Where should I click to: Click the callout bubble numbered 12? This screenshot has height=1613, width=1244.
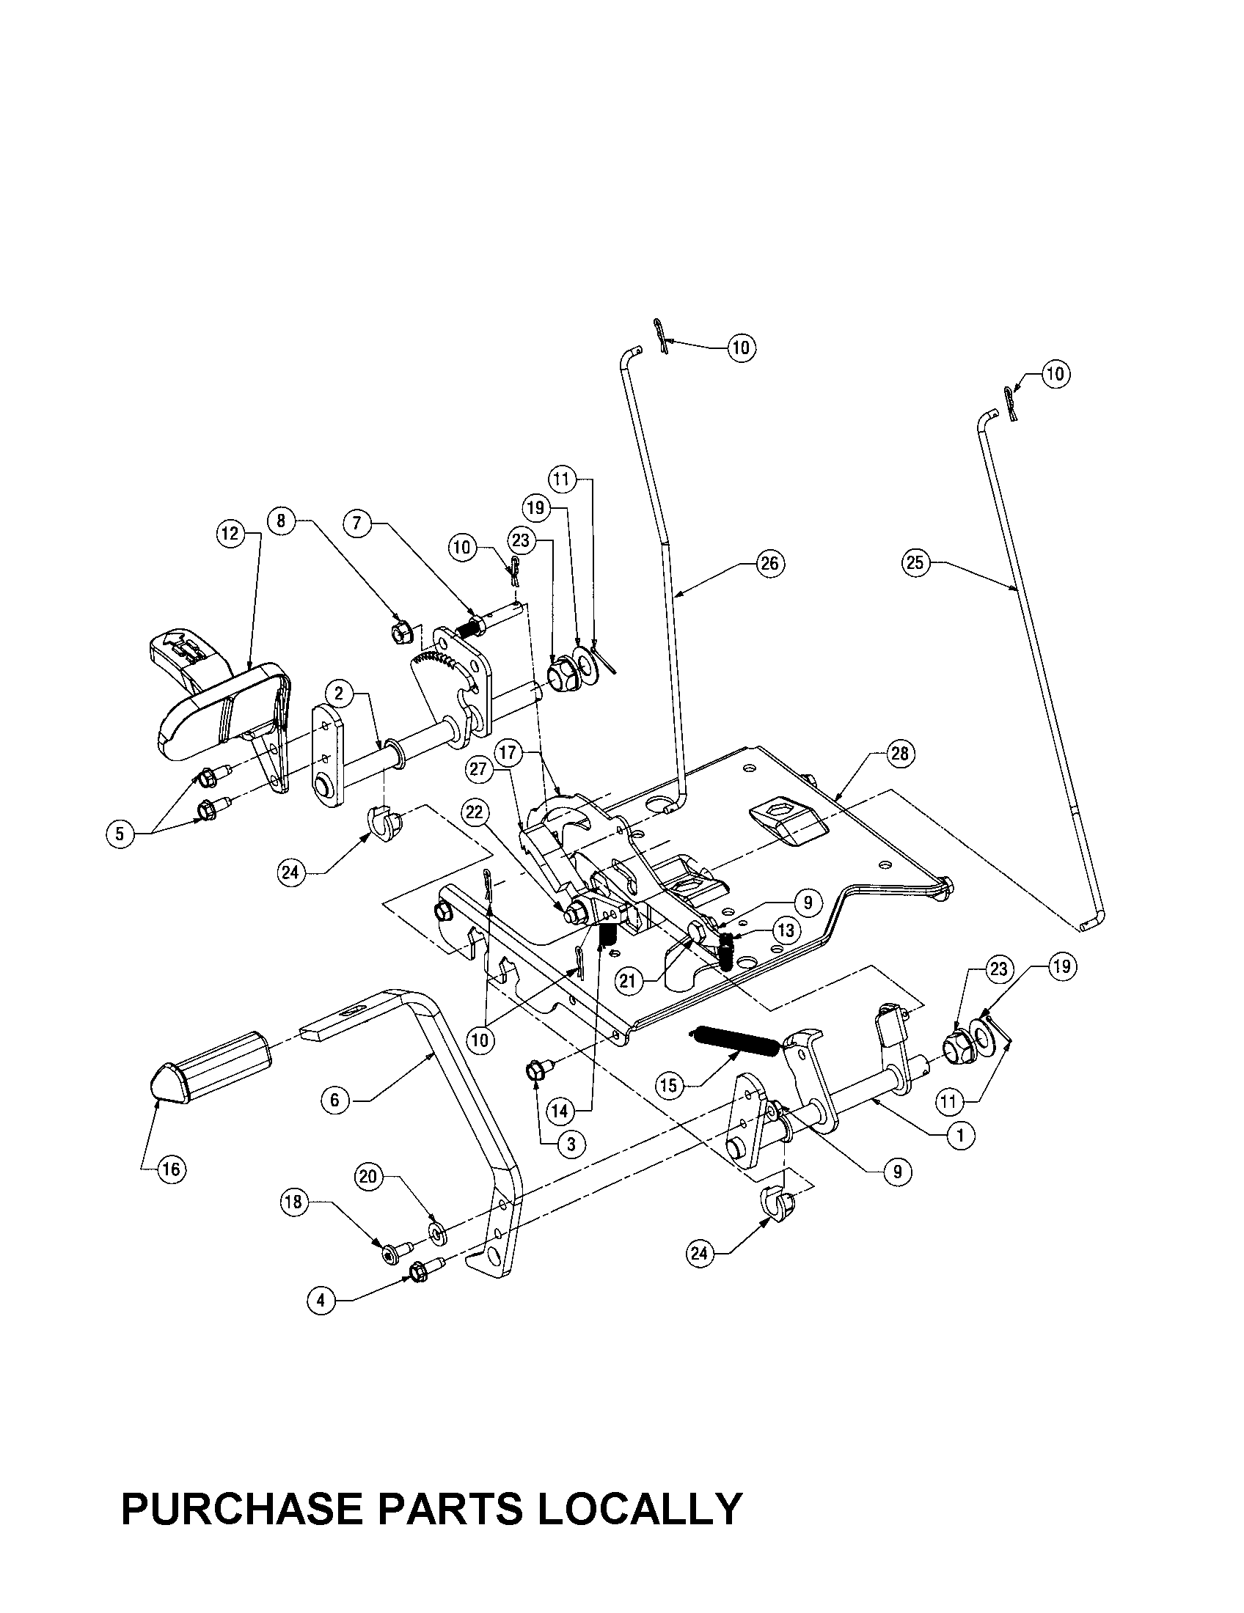point(230,532)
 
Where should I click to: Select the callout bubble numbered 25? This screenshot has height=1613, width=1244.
point(914,563)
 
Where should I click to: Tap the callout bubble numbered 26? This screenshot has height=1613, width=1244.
point(769,564)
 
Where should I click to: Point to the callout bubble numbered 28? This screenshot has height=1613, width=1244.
point(899,753)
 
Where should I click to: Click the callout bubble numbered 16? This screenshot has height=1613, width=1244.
point(171,1169)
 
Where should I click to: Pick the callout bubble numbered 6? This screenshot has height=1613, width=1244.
point(334,1121)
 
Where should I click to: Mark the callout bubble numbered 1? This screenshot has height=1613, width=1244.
point(960,1136)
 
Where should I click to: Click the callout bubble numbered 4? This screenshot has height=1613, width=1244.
point(321,1301)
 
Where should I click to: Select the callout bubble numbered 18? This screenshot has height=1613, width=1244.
point(294,1202)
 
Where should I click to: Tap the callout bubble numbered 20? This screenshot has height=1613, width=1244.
point(370,1175)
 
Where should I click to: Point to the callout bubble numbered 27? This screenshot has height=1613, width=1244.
point(479,769)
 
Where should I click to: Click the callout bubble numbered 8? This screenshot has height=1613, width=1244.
point(281,520)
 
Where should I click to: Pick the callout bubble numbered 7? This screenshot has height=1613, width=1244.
point(356,523)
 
